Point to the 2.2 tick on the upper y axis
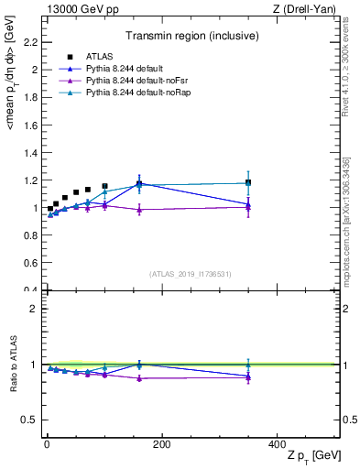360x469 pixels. (31, 41)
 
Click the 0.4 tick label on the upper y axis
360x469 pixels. (31, 290)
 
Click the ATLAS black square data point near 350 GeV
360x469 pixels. (248, 182)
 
